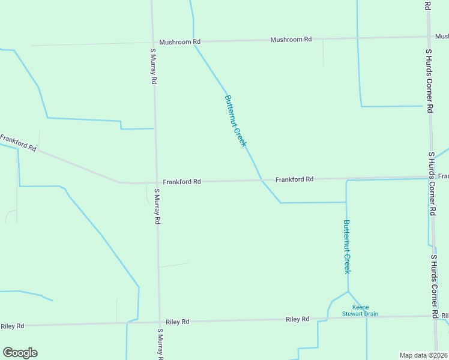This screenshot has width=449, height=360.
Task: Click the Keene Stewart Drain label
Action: [360, 310]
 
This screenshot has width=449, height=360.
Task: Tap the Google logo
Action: [20, 353]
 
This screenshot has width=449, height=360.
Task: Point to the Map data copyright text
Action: [424, 355]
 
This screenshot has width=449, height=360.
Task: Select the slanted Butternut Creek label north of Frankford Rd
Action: [235, 120]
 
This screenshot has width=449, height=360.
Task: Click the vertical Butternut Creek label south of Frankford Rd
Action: [346, 247]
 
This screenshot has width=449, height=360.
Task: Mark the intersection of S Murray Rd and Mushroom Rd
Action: [152, 42]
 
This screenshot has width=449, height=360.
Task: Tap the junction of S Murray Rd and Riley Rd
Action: [160, 322]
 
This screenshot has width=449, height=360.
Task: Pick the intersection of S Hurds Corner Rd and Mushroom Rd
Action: [428, 37]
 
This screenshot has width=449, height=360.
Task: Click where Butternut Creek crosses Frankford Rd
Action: [261, 179]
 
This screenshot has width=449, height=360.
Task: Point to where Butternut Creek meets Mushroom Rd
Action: [193, 41]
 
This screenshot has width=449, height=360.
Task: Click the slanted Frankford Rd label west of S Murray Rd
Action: [18, 143]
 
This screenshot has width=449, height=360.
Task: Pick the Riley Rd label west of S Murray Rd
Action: [13, 326]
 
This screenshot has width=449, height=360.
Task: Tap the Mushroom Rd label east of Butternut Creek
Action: [291, 40]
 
